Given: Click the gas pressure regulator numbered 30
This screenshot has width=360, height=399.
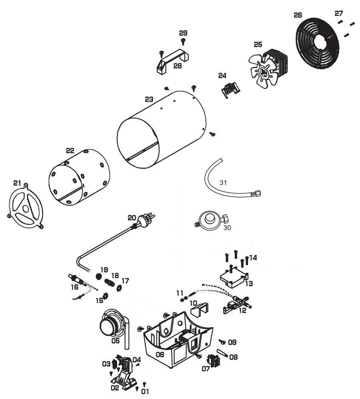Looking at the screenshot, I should point(210,221).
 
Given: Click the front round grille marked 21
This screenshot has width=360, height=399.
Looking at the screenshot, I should point(26,208).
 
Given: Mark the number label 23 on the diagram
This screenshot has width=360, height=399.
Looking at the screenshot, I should point(149,99).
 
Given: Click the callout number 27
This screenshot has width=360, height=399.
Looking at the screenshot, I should point(339,14).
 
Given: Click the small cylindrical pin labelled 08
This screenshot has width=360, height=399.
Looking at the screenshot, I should point(222,353).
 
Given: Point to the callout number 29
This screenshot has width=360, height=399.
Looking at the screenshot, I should point(183,33).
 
